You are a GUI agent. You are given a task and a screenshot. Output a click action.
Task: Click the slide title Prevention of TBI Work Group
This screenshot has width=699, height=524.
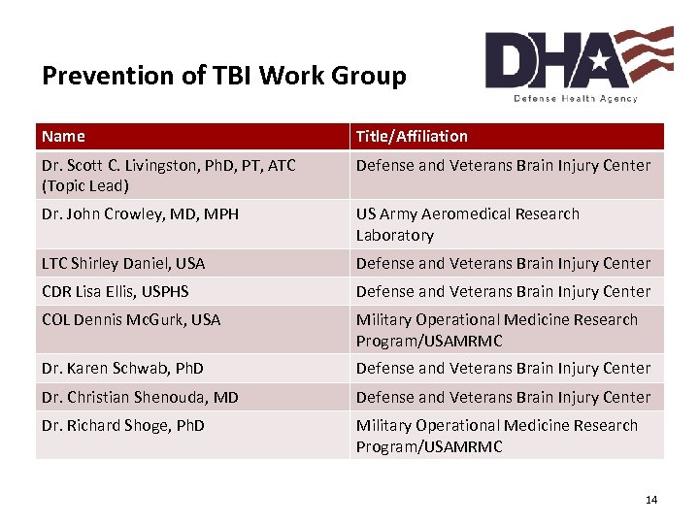click(224, 76)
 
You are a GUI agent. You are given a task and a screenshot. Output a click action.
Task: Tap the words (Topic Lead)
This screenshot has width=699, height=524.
click(85, 186)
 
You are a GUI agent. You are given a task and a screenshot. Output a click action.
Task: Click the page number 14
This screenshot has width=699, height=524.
click(650, 500)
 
